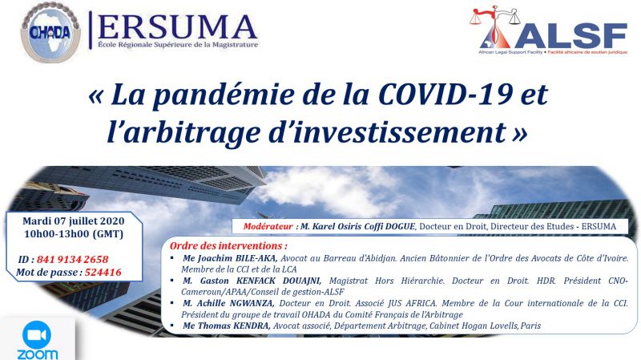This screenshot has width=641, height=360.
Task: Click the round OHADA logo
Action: [50, 32]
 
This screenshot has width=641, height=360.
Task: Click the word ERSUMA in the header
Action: [177, 27]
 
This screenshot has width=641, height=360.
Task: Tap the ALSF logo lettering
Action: [570, 35]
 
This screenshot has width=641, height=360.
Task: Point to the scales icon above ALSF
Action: [495, 16]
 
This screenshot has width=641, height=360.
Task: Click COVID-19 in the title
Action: [445, 95]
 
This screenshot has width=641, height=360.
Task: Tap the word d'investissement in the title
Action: [387, 132]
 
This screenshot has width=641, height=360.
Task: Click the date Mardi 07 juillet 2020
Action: [73, 221]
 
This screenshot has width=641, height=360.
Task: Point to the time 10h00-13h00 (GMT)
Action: [74, 234]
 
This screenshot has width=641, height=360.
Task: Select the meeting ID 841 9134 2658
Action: [72, 259]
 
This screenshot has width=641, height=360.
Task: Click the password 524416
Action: [103, 273]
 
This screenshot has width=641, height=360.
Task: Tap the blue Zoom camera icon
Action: [37, 335]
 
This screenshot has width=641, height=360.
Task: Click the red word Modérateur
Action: [268, 227]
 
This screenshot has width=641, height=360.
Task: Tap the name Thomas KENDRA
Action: [233, 326]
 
